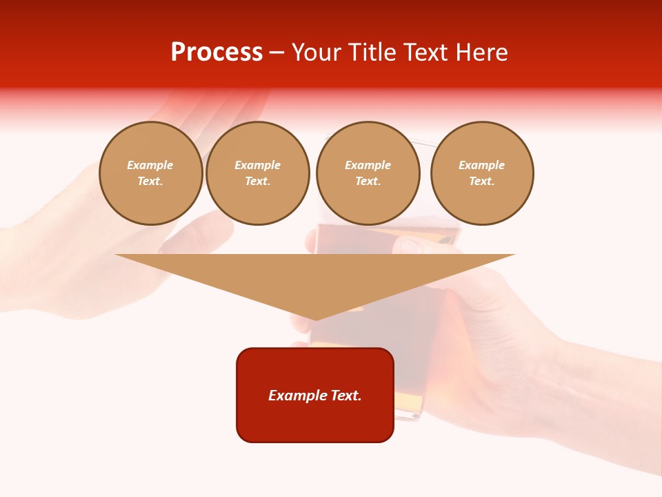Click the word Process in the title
[x=217, y=52]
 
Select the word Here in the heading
[x=483, y=52]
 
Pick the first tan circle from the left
[x=151, y=173]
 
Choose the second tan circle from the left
[x=258, y=173]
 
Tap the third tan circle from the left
[x=368, y=173]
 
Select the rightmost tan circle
[x=482, y=173]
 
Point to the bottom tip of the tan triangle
[x=315, y=320]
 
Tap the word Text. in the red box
[x=345, y=396]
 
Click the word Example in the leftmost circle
[x=150, y=165]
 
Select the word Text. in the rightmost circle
[x=482, y=182]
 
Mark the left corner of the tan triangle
[x=116, y=255]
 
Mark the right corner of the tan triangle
[x=514, y=255]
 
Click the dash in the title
[x=277, y=52]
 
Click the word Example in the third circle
[x=368, y=165]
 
